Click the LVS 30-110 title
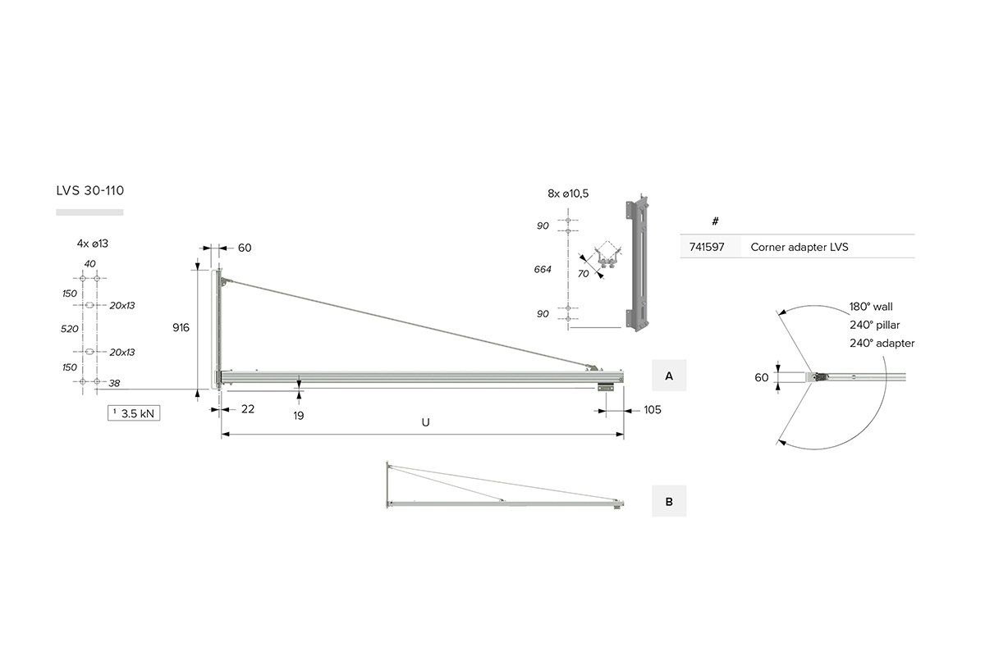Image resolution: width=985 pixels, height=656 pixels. [90, 191]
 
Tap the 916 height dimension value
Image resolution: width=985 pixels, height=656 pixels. [181, 327]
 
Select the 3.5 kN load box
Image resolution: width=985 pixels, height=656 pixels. [134, 413]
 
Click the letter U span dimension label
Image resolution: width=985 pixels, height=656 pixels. [425, 422]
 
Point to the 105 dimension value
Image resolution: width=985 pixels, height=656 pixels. [653, 410]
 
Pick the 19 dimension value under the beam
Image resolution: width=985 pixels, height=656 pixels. [299, 416]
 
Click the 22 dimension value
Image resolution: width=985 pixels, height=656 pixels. [248, 409]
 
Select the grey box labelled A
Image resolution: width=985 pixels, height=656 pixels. [669, 376]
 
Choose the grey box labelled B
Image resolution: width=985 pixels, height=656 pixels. [669, 501]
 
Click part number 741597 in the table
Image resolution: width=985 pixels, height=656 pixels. [707, 247]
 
